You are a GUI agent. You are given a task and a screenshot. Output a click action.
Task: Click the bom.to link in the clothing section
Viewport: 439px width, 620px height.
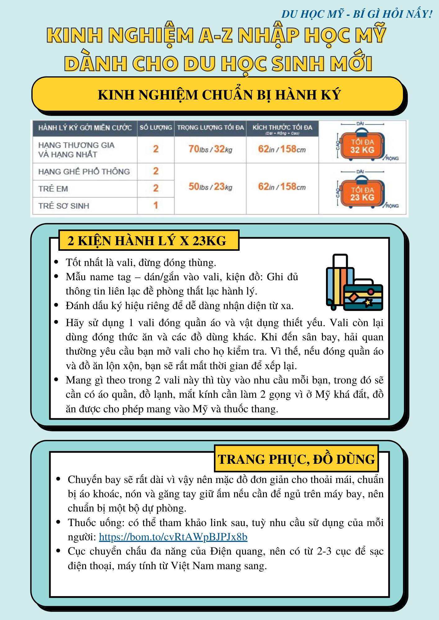(173, 537)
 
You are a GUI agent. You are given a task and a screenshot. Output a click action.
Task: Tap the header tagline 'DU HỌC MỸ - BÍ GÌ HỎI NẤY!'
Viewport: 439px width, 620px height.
(357, 14)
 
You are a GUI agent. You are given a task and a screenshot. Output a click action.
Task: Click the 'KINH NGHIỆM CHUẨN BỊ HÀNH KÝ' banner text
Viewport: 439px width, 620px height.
(219, 95)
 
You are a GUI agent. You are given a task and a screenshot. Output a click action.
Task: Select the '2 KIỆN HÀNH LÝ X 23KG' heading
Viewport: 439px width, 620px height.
(147, 241)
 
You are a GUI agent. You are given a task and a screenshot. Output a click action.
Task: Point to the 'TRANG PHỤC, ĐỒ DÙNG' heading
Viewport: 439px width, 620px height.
(296, 459)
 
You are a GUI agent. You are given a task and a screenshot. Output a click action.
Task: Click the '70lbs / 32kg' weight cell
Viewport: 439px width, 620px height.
(210, 149)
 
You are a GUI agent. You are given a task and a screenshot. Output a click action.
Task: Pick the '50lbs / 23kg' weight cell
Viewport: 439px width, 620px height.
(210, 187)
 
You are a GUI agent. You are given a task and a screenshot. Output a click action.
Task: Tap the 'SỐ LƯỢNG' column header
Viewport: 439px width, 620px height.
(156, 127)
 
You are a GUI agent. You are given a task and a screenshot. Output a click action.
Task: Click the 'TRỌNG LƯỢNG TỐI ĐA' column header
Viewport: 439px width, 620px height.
(210, 127)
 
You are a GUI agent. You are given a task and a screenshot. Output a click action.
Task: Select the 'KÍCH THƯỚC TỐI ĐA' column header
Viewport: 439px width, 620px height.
(282, 127)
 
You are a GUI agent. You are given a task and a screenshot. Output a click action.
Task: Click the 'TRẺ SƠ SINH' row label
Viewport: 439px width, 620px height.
(64, 206)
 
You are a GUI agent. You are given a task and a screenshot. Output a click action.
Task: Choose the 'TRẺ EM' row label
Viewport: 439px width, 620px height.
(53, 188)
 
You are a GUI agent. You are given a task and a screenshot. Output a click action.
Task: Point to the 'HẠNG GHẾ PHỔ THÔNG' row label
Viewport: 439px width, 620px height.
(84, 171)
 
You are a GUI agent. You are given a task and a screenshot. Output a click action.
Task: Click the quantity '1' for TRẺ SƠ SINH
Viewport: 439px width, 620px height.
(156, 205)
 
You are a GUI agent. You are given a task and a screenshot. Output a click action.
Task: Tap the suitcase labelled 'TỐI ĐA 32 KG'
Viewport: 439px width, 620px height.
(362, 146)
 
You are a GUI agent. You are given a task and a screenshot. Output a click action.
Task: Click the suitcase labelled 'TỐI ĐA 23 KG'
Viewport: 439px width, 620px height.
(362, 194)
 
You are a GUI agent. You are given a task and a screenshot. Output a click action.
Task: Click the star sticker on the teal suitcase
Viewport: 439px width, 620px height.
(368, 302)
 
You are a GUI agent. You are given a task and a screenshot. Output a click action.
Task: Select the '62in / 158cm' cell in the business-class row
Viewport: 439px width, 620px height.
(282, 149)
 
